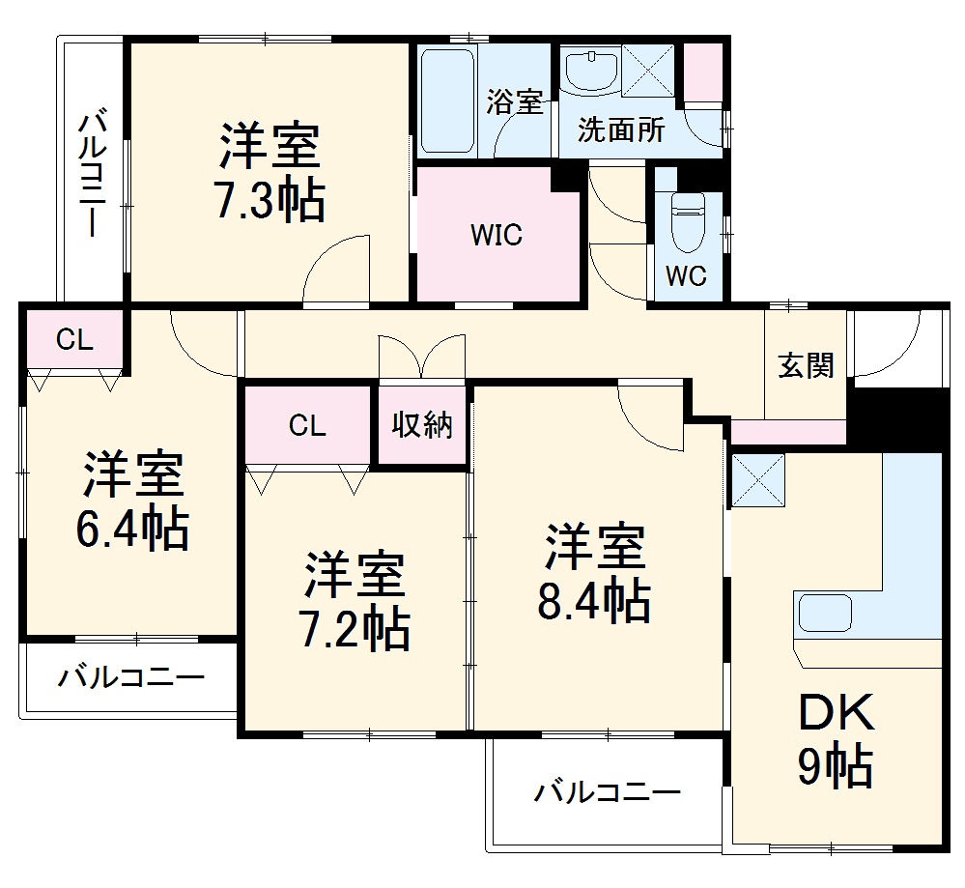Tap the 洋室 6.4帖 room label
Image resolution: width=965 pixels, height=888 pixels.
click(x=133, y=500)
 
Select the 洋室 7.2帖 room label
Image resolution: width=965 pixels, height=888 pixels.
click(x=356, y=600)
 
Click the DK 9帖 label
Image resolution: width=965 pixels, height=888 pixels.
click(x=837, y=741)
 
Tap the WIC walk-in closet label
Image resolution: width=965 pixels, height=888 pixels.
click(x=497, y=235)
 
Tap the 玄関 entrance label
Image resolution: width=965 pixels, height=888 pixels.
click(x=807, y=367)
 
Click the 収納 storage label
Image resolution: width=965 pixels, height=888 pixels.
click(x=422, y=425)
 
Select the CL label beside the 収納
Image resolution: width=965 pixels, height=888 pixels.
click(x=307, y=426)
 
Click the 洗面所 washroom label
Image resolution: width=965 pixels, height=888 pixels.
click(x=621, y=130)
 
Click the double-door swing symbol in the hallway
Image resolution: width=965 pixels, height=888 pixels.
click(x=422, y=358)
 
